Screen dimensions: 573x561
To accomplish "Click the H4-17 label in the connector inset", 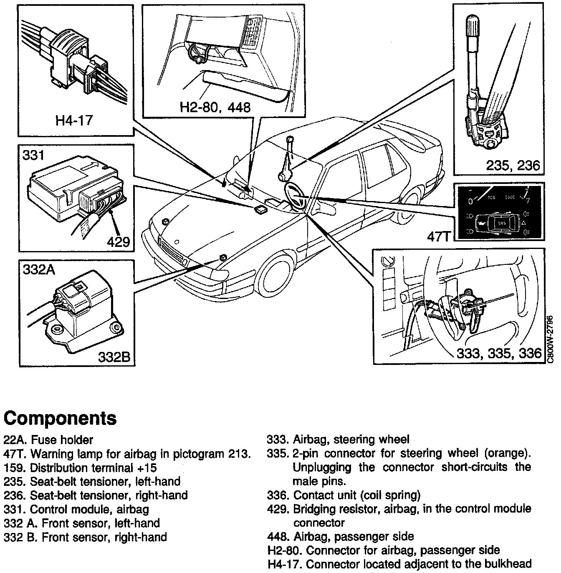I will [74, 121].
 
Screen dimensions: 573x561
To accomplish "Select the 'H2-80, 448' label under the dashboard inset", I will [215, 107].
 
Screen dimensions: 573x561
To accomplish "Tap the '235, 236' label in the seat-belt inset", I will [513, 166].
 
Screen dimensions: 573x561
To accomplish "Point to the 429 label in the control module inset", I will [118, 242].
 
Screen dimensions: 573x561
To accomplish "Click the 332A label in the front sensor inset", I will [39, 270].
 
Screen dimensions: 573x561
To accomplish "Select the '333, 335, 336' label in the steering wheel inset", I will [499, 354].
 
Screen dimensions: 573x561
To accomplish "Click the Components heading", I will [60, 417].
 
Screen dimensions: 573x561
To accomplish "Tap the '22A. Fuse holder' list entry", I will [48, 440].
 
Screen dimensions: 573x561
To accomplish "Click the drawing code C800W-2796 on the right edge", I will [551, 339].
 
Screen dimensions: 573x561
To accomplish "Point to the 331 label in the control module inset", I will [33, 156].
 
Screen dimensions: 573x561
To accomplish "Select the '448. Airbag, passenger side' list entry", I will [340, 536].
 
